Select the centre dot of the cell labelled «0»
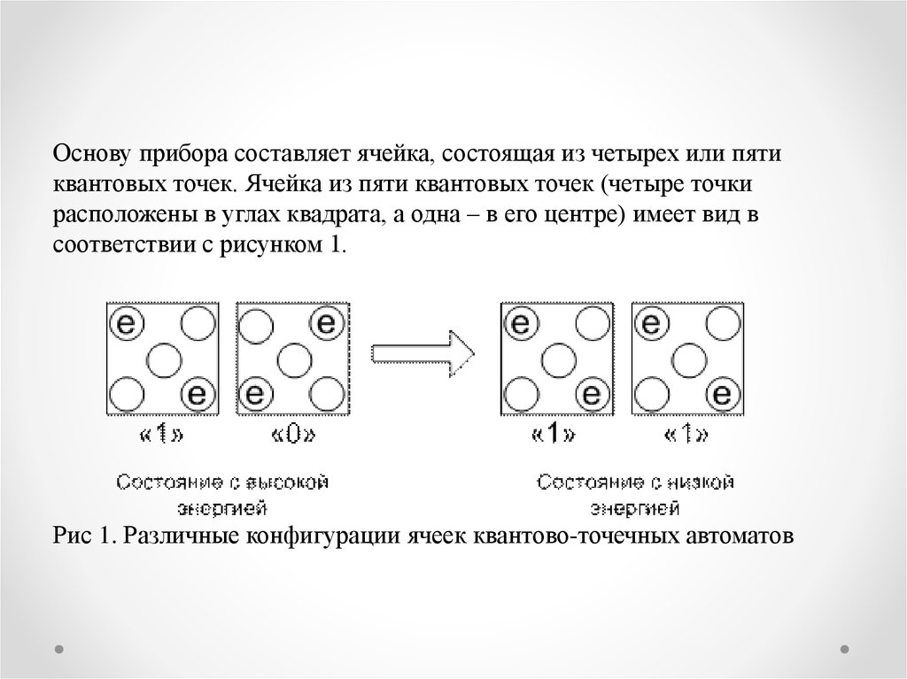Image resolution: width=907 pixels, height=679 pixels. coord(293,359)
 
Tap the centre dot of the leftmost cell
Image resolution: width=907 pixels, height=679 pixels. coord(162,359)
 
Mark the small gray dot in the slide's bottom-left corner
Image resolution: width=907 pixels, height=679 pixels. coord(58,647)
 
